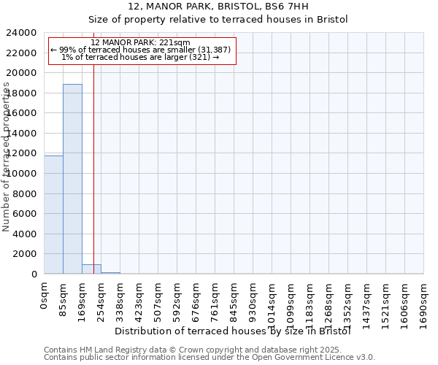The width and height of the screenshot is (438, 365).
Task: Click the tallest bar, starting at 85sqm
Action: point(72,179)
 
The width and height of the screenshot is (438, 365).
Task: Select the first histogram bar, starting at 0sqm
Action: point(53,215)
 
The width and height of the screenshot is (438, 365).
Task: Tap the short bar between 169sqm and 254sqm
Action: point(91,269)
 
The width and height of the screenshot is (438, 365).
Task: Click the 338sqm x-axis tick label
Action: point(120,299)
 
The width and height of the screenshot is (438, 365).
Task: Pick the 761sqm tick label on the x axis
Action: point(215,299)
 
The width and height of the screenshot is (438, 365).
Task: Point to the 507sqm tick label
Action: point(158,299)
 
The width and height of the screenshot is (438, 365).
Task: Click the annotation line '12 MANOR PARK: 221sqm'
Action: point(142,43)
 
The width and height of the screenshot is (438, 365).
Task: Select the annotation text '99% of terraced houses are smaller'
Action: point(142,50)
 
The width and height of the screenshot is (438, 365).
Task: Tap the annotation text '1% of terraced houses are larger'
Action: point(142,57)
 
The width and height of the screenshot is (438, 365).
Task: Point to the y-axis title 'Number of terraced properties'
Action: point(7,156)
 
